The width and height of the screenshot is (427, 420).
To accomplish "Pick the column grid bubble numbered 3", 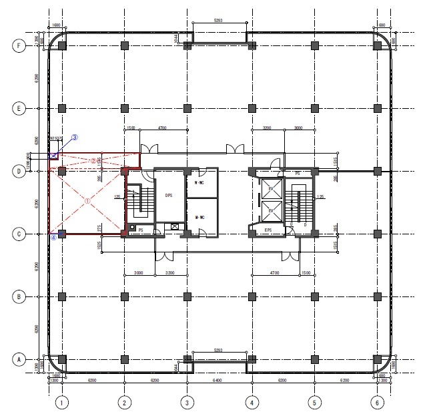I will pyautogui.click(x=187, y=403).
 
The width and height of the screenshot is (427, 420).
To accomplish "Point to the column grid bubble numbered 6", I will pyautogui.click(x=377, y=403).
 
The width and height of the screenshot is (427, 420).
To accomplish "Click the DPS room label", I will pyautogui.click(x=169, y=196).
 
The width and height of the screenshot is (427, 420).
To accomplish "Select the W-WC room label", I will pyautogui.click(x=199, y=183).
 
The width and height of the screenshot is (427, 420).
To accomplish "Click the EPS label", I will pyautogui.click(x=268, y=230).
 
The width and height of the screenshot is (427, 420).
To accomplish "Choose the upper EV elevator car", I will pyautogui.click(x=271, y=188).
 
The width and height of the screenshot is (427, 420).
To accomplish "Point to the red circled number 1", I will pyautogui.click(x=87, y=200).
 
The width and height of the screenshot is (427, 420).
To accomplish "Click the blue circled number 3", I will pyautogui.click(x=75, y=138).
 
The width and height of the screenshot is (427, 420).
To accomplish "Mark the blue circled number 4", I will pyautogui.click(x=52, y=235).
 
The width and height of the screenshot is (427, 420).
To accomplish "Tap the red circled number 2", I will pyautogui.click(x=93, y=160).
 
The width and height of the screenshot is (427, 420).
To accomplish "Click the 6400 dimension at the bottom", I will pyautogui.click(x=218, y=380).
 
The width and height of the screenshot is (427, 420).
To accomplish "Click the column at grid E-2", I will pyautogui.click(x=124, y=108).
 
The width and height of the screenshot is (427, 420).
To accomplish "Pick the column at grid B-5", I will pyautogui.click(x=314, y=296).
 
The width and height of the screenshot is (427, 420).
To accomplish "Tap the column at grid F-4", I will pyautogui.click(x=252, y=45).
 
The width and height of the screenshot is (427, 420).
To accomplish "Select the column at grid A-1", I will pyautogui.click(x=61, y=359).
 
